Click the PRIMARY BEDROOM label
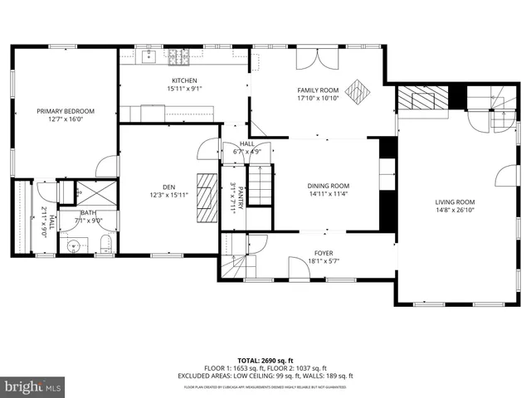pyautogui.click(x=66, y=111)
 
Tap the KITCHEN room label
pyautogui.click(x=185, y=80)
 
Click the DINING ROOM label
pyautogui.click(x=329, y=187)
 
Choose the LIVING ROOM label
pyautogui.click(x=455, y=201)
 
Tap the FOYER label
pyautogui.click(x=323, y=254)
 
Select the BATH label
pyautogui.click(x=88, y=213)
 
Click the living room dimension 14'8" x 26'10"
pyautogui.click(x=455, y=210)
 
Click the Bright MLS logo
pyautogui.click(x=33, y=386)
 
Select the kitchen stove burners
pyautogui.click(x=177, y=57)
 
